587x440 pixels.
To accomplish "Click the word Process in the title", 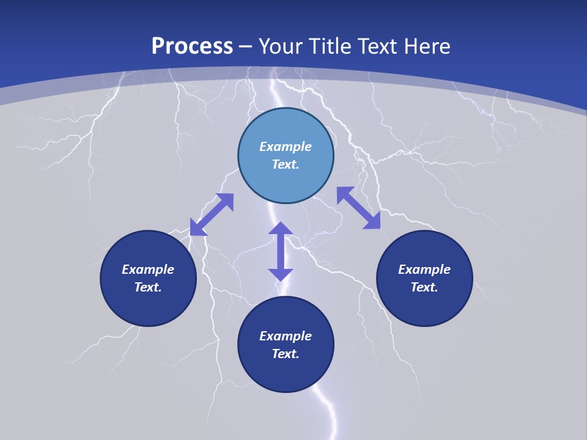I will click(192, 46).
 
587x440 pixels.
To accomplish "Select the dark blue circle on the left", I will click(148, 306).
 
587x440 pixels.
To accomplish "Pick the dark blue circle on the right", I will click(424, 306).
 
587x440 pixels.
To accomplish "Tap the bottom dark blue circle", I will click(286, 373).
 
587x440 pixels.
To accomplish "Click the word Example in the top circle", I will click(286, 147).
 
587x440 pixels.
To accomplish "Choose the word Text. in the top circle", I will click(286, 164).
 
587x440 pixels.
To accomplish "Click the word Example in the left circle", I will click(148, 269).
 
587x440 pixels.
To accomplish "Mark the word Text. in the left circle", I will click(148, 287).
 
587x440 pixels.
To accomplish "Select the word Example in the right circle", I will click(424, 269).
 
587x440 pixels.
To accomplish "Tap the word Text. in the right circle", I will click(424, 287).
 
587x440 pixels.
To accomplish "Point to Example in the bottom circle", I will click(286, 336).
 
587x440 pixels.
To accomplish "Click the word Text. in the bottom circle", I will click(286, 354).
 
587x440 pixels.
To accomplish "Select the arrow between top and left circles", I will click(212, 215).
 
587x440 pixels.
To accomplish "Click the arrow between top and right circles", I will click(358, 208).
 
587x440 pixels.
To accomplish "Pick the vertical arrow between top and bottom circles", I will click(281, 251).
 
